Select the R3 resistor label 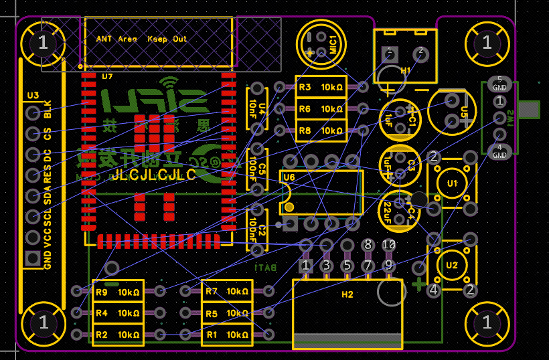305,88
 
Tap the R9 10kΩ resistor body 118,292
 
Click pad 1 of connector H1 389,52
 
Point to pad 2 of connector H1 420,52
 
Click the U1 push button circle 453,183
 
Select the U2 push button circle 453,265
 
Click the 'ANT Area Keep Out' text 141,39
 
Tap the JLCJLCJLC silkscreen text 153,175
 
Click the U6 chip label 289,177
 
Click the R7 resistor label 212,292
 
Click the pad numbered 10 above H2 388,245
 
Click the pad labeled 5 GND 499,84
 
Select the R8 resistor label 305,130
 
